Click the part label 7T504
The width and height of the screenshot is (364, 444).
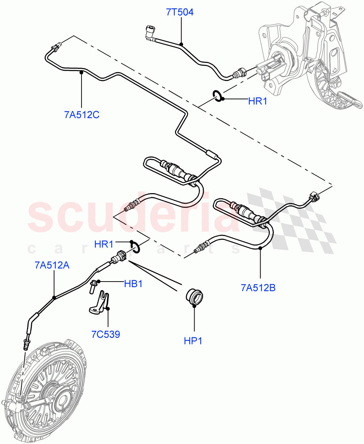pos(179,13)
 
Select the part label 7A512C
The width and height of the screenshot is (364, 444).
pos(82,115)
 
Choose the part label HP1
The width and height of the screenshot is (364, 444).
pos(193,341)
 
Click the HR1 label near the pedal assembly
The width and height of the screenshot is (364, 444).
pos(258,101)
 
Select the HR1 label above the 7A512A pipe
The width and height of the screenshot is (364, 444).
pos(104,244)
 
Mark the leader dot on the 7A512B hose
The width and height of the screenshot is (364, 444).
pos(261,248)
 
